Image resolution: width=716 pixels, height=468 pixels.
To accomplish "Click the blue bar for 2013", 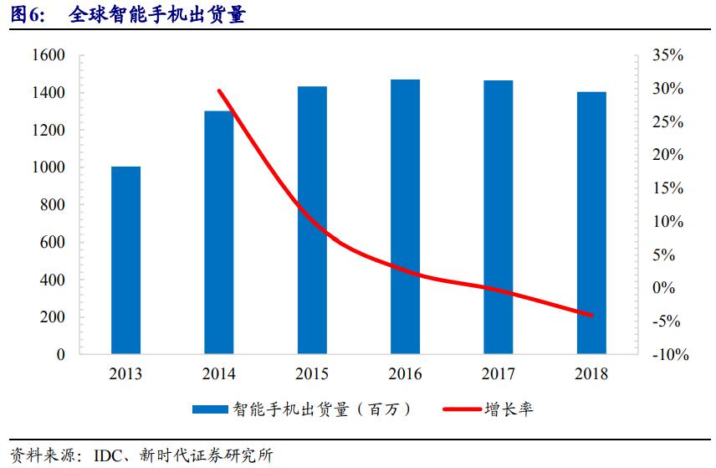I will click(x=126, y=260).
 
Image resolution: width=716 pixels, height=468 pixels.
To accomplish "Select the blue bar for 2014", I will click(x=219, y=232).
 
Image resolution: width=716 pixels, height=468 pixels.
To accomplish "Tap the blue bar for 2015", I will click(x=312, y=220).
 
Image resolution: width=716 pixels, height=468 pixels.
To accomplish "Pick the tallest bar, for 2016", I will click(x=405, y=217).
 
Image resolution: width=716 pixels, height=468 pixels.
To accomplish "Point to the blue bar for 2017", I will click(x=499, y=218).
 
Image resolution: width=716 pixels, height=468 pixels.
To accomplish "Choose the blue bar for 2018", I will click(x=591, y=223).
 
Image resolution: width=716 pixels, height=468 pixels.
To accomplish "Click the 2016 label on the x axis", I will click(x=405, y=374).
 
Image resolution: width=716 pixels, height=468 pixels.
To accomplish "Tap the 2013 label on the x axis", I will click(x=126, y=374).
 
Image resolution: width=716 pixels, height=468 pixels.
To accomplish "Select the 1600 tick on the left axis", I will click(x=49, y=55).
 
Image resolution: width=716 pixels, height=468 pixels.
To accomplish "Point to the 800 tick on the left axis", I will click(x=53, y=205).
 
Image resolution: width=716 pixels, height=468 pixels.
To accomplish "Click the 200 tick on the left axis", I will click(x=53, y=317).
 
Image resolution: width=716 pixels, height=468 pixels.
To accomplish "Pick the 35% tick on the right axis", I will click(x=667, y=55).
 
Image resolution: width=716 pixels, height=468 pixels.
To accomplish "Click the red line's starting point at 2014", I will click(x=219, y=90).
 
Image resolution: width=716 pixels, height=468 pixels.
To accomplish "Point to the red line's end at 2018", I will click(x=591, y=316).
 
